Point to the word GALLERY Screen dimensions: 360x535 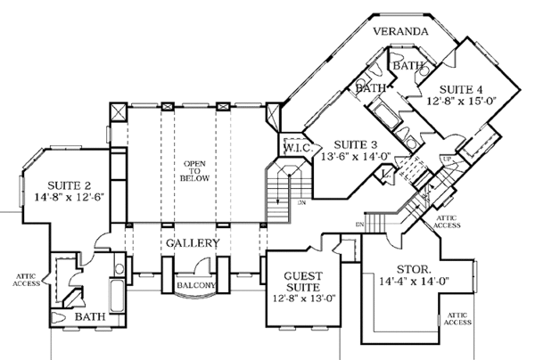[x=193, y=241]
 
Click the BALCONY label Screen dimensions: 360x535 [x=193, y=285]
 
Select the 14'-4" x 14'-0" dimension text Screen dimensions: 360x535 [x=416, y=283]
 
